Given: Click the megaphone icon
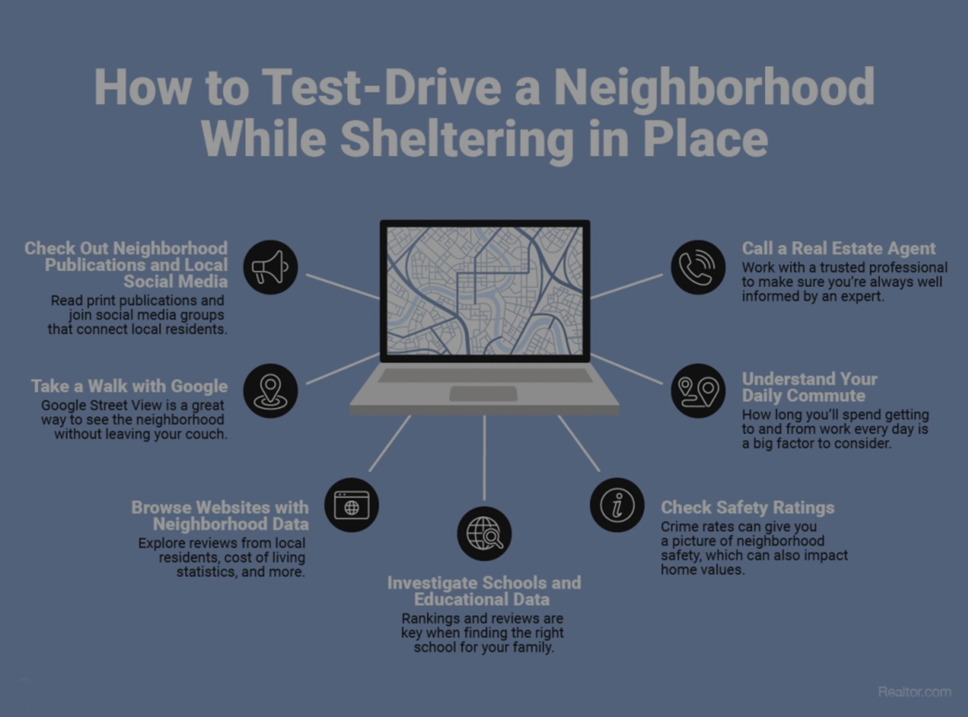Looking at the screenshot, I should coord(270,267).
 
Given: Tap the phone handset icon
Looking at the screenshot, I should coord(698,267).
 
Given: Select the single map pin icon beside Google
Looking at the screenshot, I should coord(270,390).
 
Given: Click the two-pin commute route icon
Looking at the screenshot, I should coord(698,390).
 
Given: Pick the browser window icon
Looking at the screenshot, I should coord(351,505).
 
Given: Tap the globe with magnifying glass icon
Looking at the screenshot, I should coord(484,533).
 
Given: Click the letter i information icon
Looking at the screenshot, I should coord(617,505).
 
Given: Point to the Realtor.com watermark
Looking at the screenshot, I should coord(914,692).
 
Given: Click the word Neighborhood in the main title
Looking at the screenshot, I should coord(714,87).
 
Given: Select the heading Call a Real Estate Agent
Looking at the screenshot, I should coord(838,249).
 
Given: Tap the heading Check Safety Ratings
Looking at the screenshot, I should coord(747,507).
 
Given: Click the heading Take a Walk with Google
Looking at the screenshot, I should coord(129,386).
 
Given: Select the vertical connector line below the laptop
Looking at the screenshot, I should coord(484,458).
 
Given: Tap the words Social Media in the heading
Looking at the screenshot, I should coord(175,282).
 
